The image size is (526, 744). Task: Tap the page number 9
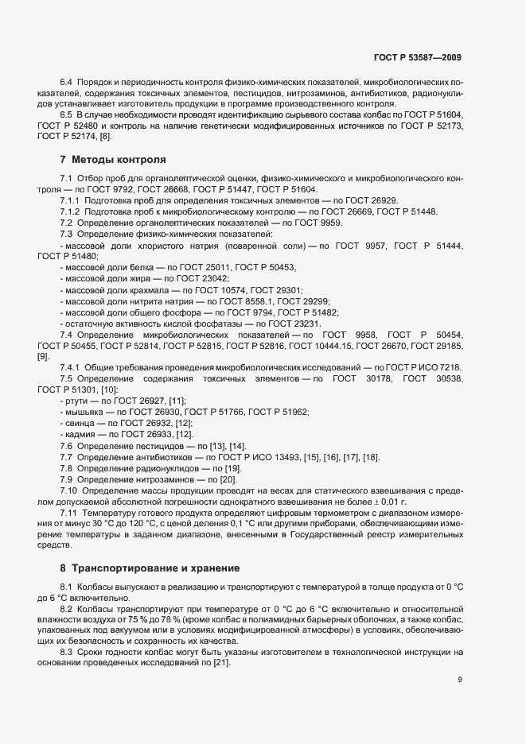tap(460, 680)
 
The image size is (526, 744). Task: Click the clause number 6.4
tap(67, 83)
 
